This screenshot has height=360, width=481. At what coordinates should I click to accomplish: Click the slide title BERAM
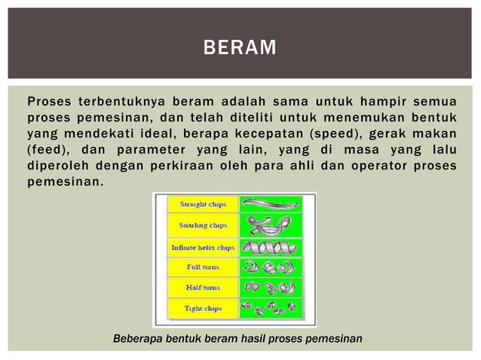pyautogui.click(x=240, y=50)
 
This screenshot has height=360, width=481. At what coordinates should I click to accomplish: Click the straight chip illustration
pyautogui.click(x=270, y=203)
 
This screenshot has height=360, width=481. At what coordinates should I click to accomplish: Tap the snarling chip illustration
pyautogui.click(x=270, y=225)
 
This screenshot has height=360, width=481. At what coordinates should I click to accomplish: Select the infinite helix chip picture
pyautogui.click(x=270, y=246)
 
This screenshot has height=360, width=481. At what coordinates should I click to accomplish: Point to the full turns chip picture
pyautogui.click(x=270, y=267)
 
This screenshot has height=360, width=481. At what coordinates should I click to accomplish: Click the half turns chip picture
pyautogui.click(x=270, y=287)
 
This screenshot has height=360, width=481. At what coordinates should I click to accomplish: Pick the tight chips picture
pyautogui.click(x=270, y=307)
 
